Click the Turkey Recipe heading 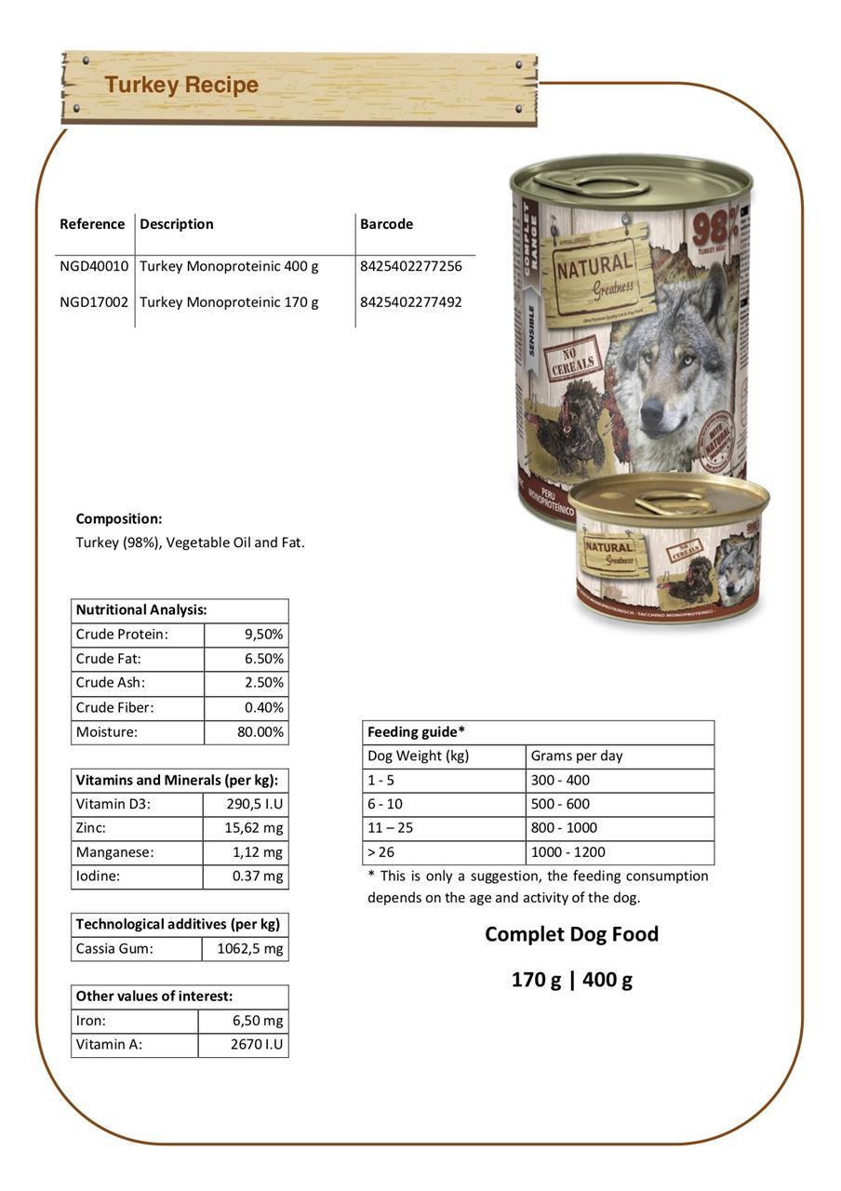(181, 85)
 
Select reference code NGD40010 (94, 266)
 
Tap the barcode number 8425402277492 (410, 302)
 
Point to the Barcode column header (386, 224)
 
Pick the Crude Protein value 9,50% (263, 635)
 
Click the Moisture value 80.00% (260, 732)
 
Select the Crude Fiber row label (114, 708)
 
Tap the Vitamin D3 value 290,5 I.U (254, 804)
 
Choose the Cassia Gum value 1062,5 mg (249, 949)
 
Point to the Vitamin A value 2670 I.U (256, 1045)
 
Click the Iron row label (91, 1021)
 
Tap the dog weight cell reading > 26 (381, 852)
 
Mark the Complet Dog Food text (571, 934)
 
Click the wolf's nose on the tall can (652, 408)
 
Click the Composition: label (119, 519)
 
